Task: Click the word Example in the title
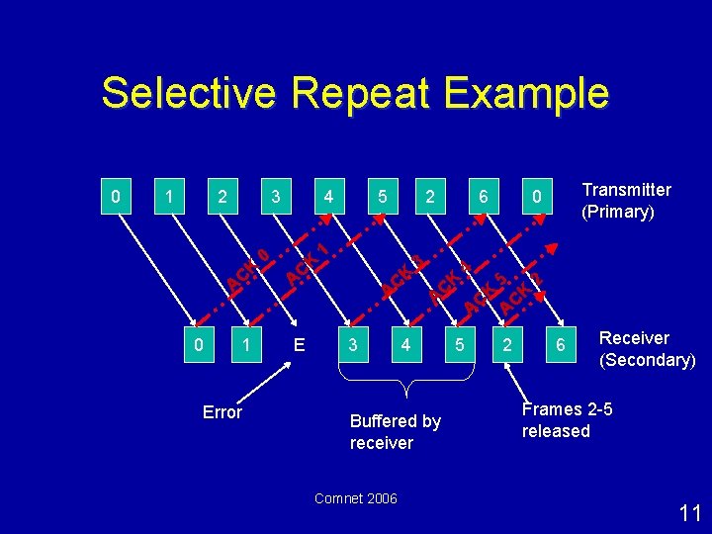526,95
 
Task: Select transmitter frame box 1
171,197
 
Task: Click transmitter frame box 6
483,197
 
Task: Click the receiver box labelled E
299,345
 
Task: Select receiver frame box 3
352,345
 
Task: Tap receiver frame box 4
404,345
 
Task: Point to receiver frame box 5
458,345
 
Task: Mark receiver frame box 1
245,345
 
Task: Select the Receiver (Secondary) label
647,349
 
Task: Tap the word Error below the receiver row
222,412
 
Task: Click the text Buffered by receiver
395,432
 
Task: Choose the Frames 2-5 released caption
567,420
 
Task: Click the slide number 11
690,512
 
